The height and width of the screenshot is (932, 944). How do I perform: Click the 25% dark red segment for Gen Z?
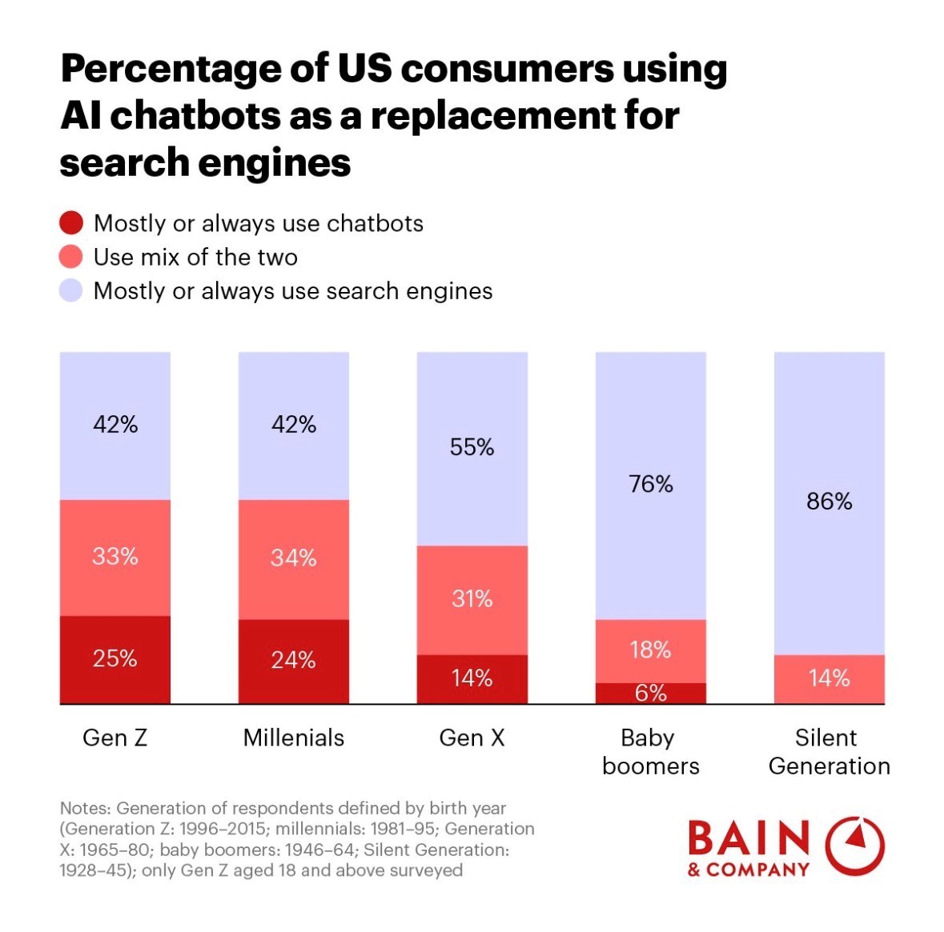[114, 660]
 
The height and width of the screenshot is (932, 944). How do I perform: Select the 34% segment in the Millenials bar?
[293, 559]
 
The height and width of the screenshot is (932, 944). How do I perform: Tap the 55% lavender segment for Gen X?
[472, 448]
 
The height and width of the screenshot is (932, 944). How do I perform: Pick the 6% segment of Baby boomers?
[650, 694]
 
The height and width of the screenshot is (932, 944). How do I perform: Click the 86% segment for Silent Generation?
[829, 502]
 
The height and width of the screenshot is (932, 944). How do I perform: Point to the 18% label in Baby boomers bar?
[650, 650]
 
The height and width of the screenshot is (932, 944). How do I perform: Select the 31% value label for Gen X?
[472, 598]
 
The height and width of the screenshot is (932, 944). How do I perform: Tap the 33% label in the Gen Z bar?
[114, 556]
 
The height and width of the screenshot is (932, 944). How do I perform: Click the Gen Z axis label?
[114, 738]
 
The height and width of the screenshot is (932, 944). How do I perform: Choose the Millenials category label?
[293, 738]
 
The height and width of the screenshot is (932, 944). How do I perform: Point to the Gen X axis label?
[472, 738]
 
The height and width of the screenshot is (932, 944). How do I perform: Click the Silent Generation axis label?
[829, 751]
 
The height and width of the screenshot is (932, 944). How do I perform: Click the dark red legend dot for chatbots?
[71, 223]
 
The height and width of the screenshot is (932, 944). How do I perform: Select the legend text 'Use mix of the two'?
[195, 257]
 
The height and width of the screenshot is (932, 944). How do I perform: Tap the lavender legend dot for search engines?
[71, 290]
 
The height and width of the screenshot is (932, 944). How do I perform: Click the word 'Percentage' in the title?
[157, 70]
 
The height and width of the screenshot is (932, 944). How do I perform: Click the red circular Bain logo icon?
[854, 846]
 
